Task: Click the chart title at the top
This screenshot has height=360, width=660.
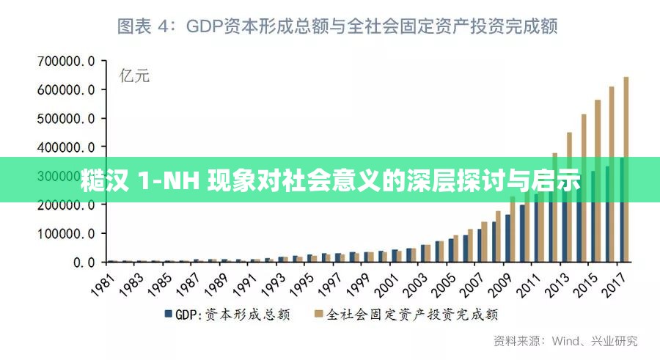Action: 338,26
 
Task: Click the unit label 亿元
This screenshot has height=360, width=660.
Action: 134,76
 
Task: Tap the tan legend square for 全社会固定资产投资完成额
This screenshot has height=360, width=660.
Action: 318,315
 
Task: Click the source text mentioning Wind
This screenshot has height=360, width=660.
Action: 565,341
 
